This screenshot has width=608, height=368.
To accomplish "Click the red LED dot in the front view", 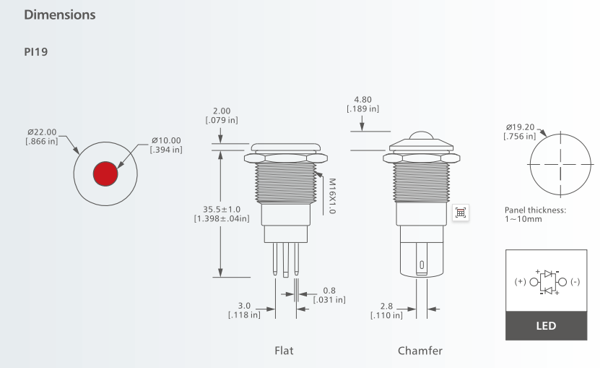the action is (x=105, y=174).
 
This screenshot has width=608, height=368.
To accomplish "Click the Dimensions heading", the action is (x=60, y=14).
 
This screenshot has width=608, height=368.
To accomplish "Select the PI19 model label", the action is (x=35, y=51).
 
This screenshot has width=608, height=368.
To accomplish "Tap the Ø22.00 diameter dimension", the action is (x=42, y=137).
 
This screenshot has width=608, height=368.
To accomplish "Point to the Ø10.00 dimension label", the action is (x=166, y=145).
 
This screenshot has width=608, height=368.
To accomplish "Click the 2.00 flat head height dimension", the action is (x=222, y=115).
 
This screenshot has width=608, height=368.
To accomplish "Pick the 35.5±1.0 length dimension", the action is (x=222, y=214).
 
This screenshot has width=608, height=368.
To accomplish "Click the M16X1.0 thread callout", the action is (x=332, y=196).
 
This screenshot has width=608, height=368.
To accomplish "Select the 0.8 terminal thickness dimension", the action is (x=329, y=295).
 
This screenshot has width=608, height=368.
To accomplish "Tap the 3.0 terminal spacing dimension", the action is (x=244, y=310).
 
